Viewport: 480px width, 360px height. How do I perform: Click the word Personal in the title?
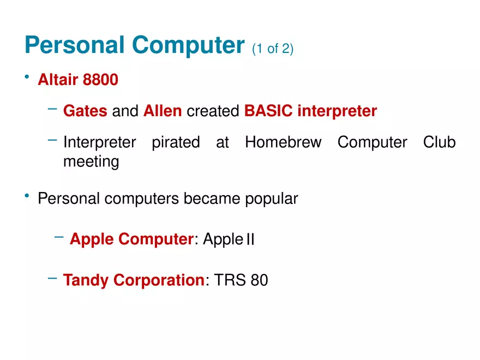[74, 45]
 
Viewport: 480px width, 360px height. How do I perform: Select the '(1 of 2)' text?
[273, 49]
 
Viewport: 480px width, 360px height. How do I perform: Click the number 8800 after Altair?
[100, 80]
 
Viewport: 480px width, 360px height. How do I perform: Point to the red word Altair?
[58, 80]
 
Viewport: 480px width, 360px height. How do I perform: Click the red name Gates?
[85, 111]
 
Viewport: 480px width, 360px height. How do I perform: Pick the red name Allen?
[163, 111]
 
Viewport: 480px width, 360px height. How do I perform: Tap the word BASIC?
[268, 111]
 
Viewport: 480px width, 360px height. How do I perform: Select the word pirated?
[176, 142]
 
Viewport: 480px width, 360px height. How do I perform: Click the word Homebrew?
[283, 142]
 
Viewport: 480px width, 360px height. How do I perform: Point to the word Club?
[439, 142]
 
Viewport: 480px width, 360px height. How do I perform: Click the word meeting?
[91, 161]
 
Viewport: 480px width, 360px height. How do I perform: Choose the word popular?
[272, 199]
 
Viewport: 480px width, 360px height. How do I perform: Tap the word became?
[212, 199]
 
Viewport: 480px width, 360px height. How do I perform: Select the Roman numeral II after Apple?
[250, 239]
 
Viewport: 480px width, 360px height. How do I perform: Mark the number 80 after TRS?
[259, 280]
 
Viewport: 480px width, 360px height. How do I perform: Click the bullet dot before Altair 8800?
[27, 76]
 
